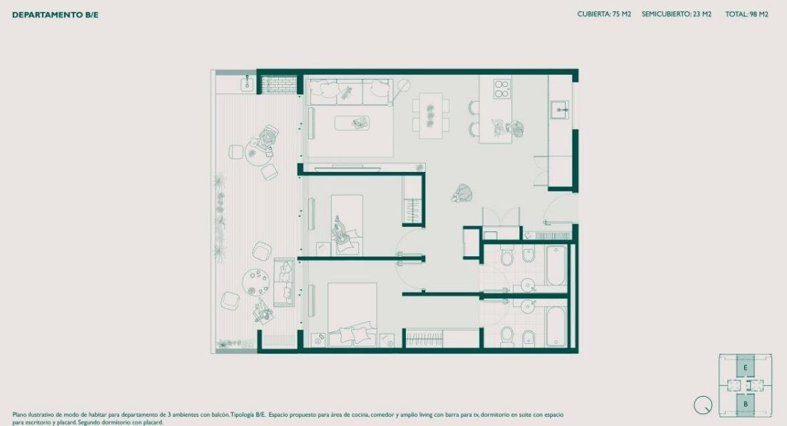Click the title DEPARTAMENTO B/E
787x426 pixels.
(55, 15)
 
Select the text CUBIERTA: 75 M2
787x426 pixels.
(604, 14)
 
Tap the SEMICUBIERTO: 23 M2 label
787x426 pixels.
(676, 14)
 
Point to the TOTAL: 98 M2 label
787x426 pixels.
(746, 14)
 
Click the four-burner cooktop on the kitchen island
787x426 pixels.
(502, 88)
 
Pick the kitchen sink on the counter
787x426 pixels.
(559, 109)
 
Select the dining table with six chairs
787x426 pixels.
(431, 116)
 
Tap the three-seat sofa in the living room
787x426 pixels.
(350, 92)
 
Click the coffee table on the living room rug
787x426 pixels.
(352, 123)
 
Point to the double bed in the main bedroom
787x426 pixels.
(352, 315)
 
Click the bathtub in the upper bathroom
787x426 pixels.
(556, 265)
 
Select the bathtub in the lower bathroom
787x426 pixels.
(556, 327)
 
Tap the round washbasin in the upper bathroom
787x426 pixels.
(527, 285)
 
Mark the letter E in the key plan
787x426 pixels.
(746, 367)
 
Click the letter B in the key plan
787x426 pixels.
(746, 404)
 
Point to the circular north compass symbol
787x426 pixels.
(703, 405)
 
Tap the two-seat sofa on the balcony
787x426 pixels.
(284, 282)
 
